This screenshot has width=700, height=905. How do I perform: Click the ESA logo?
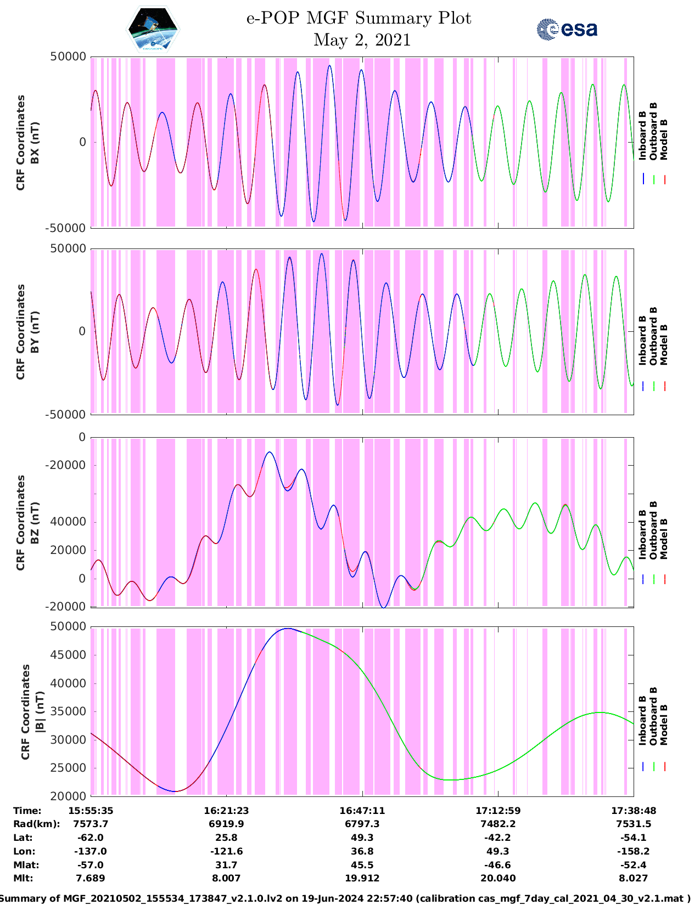(x=567, y=29)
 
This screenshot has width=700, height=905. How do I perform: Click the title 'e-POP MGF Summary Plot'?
(x=359, y=18)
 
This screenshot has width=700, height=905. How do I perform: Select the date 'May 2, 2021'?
(x=362, y=40)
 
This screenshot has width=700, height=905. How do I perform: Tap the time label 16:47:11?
(x=362, y=811)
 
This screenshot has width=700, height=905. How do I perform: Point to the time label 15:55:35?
(x=91, y=811)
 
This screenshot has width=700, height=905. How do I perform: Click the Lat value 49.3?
(x=362, y=838)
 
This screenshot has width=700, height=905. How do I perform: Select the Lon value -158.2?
(x=634, y=851)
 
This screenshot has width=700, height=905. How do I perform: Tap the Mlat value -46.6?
(x=497, y=865)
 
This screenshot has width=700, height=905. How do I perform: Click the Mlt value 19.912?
(x=362, y=878)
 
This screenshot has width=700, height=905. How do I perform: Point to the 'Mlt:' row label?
(x=23, y=878)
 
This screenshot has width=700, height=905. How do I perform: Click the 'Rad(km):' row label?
(x=36, y=824)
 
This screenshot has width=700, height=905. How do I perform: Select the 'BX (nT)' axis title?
(x=35, y=143)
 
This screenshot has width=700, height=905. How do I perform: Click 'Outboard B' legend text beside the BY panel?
(x=653, y=336)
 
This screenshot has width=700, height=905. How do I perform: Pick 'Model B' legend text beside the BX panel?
(x=664, y=139)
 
